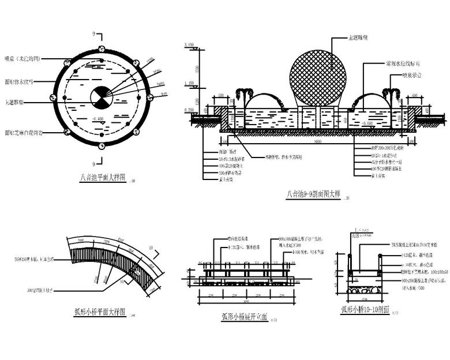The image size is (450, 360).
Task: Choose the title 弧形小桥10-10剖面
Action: pyautogui.click(x=365, y=310)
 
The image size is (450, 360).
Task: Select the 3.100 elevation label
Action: pyautogui.click(x=189, y=45)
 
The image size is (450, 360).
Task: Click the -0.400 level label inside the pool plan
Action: pyautogui.click(x=98, y=119)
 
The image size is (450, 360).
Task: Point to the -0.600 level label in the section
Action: pyautogui.click(x=366, y=123)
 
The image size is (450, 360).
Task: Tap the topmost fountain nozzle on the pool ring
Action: pyautogui.click(x=102, y=48)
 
